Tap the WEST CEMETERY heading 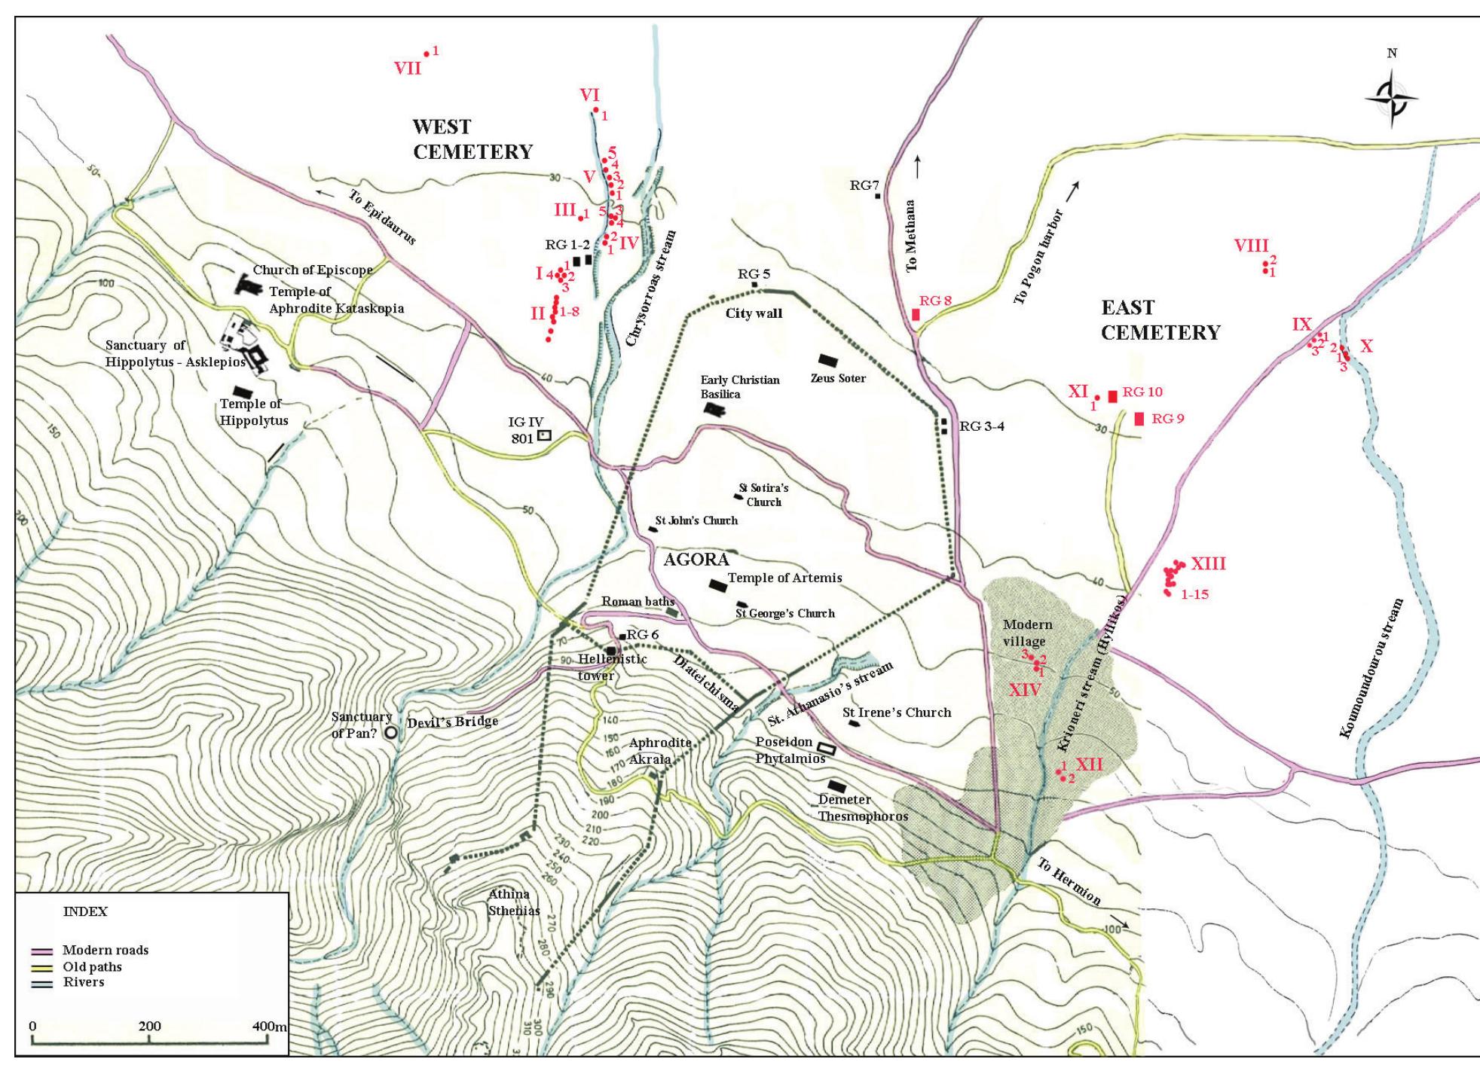coord(472,139)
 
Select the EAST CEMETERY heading coord(1160,320)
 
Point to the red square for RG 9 coord(1139,419)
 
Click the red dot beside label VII coord(427,53)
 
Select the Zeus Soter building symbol coord(828,361)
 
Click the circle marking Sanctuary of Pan coord(391,731)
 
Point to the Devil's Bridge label coord(452,722)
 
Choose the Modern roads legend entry coord(105,950)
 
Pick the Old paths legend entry coord(91,966)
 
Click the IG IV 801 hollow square coord(543,435)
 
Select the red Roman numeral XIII coord(1208,564)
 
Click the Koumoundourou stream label coord(1372,668)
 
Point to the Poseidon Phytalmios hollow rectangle coord(827,747)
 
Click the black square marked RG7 coord(878,196)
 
